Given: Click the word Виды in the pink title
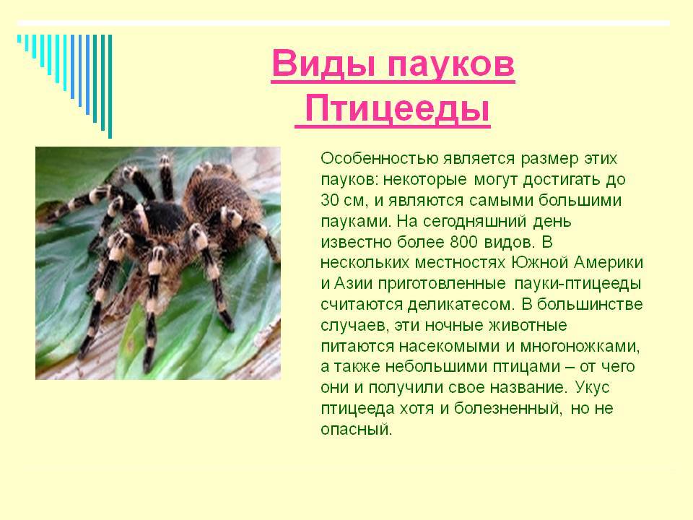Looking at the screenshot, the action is pos(325,64).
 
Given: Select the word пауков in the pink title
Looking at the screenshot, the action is pos(450,66).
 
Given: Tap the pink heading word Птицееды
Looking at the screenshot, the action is pos(397,109).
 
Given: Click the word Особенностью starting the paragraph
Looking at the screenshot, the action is pos(380,158).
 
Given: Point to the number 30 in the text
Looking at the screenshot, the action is pos(330,200).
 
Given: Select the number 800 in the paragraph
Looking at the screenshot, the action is pos(463,242).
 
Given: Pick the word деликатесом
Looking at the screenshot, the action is pos(461,305).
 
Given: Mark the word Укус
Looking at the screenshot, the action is pos(592,388).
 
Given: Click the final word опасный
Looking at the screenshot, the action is pos(356,429).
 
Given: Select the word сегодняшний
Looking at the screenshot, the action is pos(475,221).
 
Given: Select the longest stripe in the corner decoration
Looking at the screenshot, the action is pos(110,86).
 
